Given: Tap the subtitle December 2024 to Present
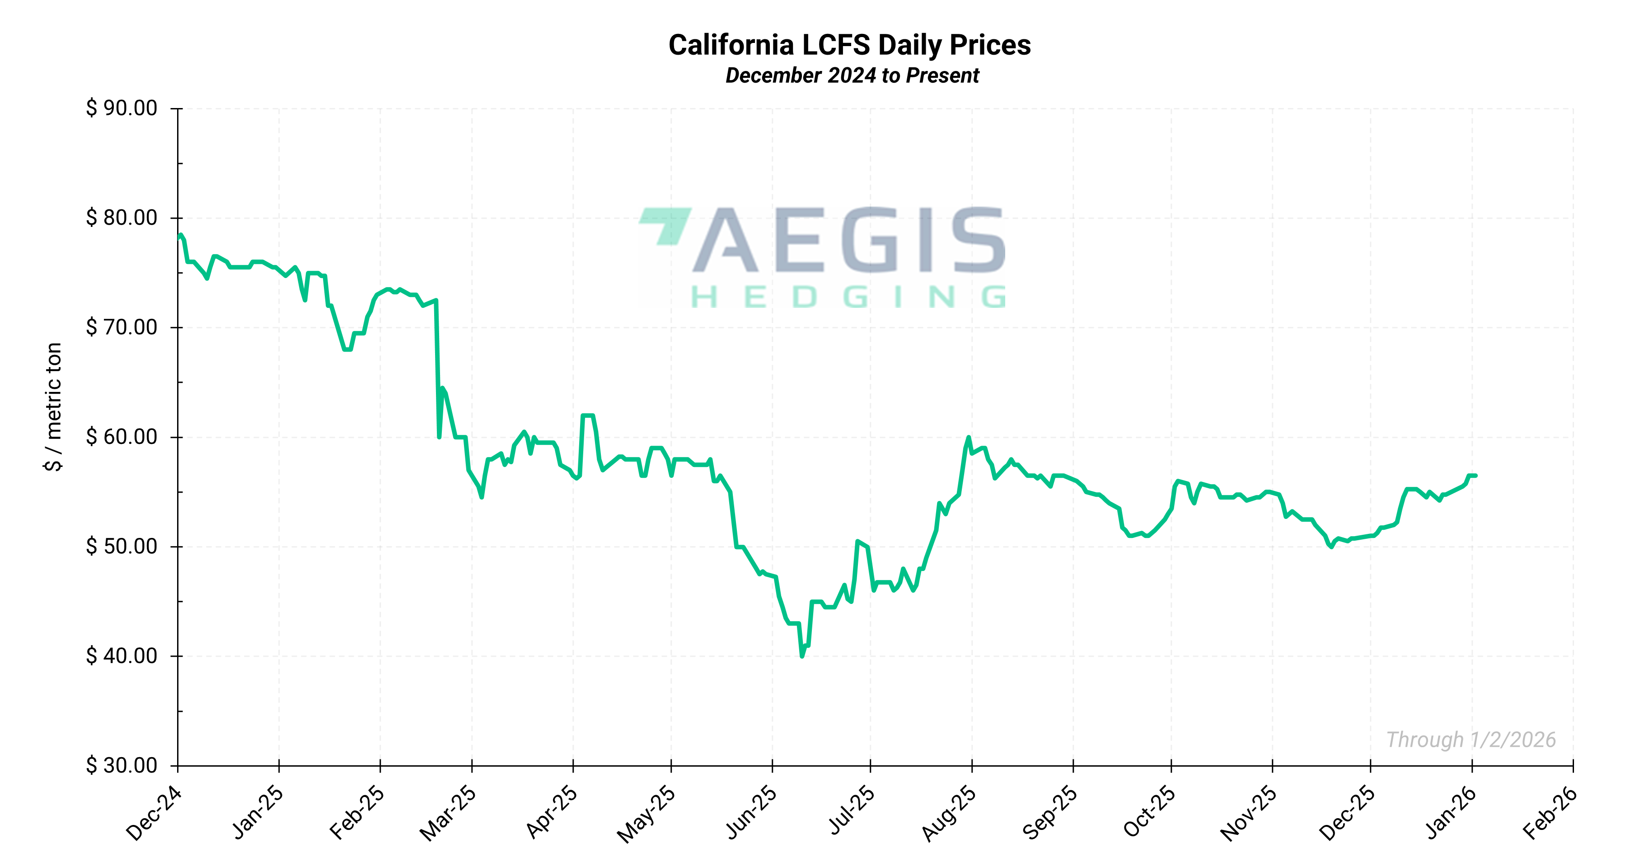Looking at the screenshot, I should coord(852,75).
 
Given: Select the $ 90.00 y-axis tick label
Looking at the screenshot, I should coord(122,108).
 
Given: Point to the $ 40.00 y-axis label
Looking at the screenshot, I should coord(122,656).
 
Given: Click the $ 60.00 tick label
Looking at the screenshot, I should coord(122,437).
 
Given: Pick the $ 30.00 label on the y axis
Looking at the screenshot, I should coord(122,765).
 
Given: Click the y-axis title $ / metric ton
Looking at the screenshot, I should coord(54,407).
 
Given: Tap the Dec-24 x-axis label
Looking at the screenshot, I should coord(154,813).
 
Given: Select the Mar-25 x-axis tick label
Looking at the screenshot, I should coord(448,813).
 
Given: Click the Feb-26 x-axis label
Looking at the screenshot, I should coord(1550,813).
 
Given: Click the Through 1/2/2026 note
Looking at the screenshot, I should coord(1471,740).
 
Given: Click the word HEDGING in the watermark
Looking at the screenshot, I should coord(848,297).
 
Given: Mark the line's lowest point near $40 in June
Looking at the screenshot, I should coord(802,656).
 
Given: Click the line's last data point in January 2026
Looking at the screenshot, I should coord(1476,476).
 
